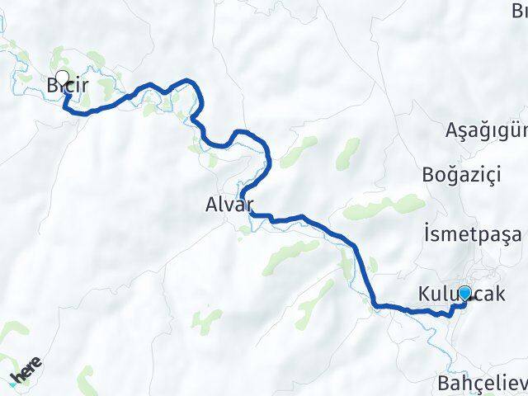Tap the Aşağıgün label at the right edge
click(x=486, y=130)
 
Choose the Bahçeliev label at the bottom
click(x=483, y=384)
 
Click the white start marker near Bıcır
click(x=62, y=77)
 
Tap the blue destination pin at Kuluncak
click(x=464, y=293)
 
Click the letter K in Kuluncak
click(x=424, y=295)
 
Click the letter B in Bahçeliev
click(x=443, y=384)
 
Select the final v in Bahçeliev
click(x=522, y=384)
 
